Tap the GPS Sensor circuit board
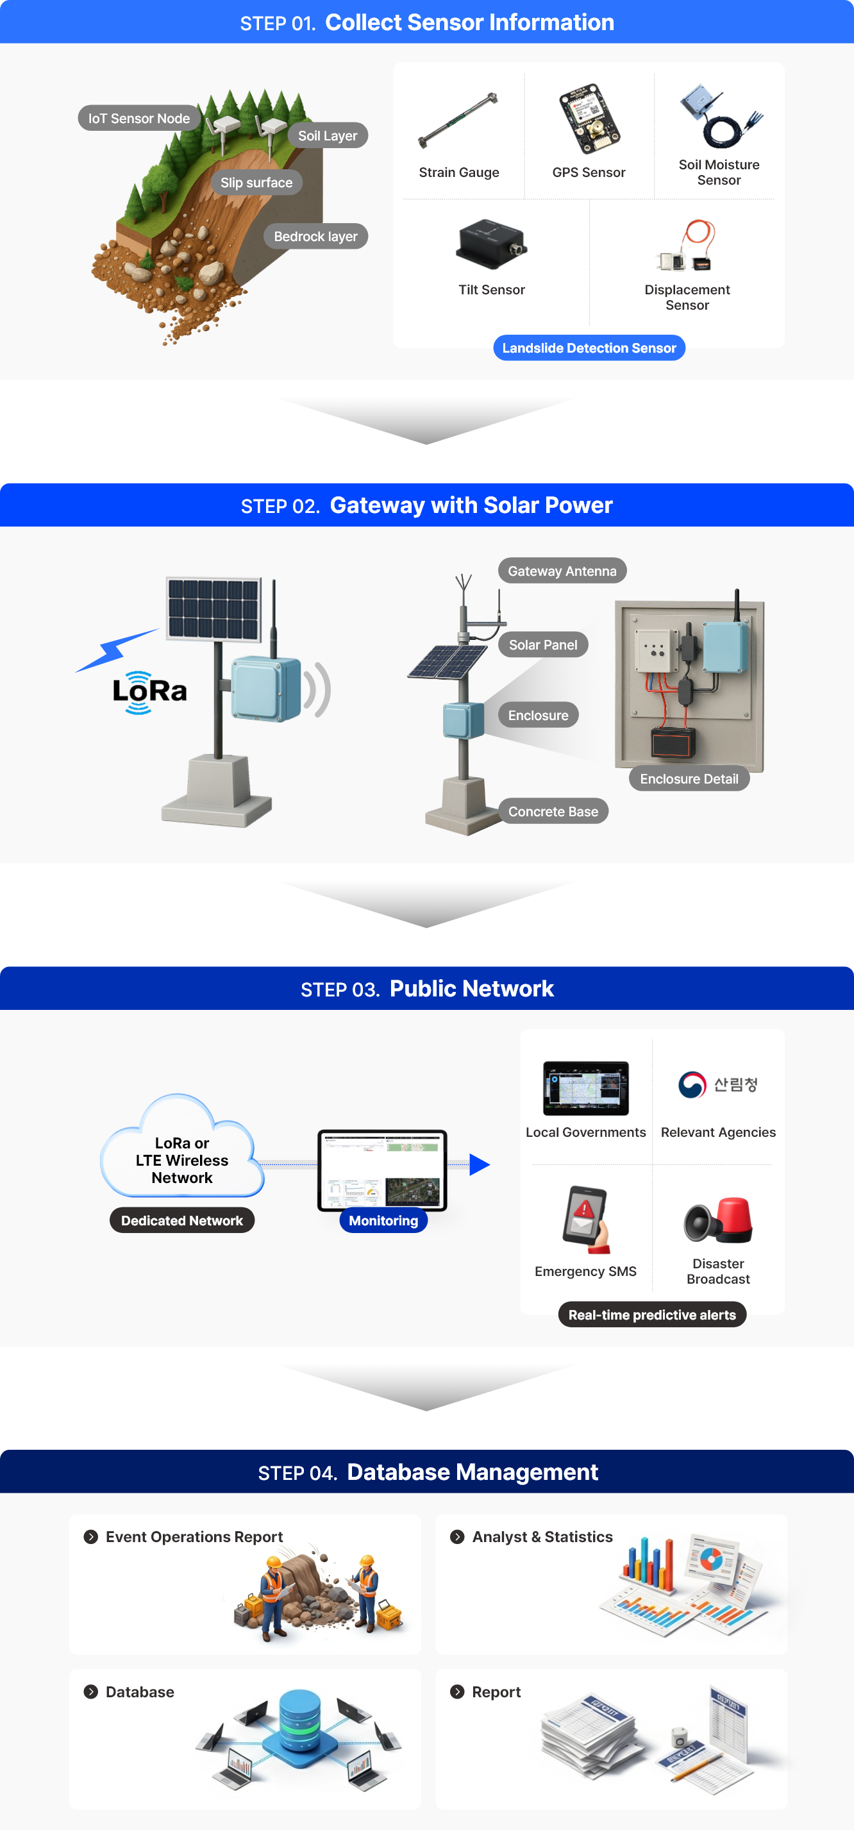[x=589, y=119]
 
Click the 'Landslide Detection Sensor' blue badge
[x=589, y=348]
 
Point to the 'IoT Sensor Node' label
[x=138, y=119]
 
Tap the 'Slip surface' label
[x=256, y=183]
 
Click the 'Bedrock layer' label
[x=315, y=237]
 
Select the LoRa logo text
[x=150, y=691]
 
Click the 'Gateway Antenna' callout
[x=562, y=571]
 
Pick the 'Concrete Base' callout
[x=553, y=811]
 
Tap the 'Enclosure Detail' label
[x=689, y=778]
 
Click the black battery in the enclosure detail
[x=673, y=743]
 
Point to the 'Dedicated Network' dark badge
[x=182, y=1220]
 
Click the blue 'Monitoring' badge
[x=383, y=1220]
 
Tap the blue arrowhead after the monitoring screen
[x=480, y=1164]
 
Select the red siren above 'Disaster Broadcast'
[x=733, y=1219]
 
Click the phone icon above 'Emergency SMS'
[x=585, y=1218]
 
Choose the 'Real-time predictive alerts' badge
[x=651, y=1315]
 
